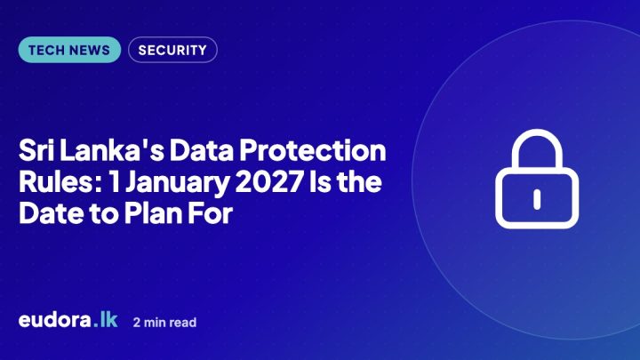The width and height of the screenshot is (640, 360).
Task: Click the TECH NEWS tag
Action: click(x=69, y=50)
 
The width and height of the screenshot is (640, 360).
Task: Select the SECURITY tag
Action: click(x=172, y=50)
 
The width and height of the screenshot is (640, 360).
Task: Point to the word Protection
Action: click(x=312, y=150)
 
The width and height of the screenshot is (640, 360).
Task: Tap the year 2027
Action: click(x=269, y=181)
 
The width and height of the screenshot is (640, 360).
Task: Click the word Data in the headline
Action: click(x=202, y=150)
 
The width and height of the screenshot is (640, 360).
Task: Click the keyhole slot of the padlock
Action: click(x=537, y=199)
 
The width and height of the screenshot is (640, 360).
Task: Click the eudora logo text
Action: click(x=55, y=320)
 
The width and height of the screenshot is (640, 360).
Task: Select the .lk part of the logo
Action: click(x=105, y=320)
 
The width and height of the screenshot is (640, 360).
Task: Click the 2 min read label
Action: click(x=165, y=323)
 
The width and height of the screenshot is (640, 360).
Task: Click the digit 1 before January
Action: click(x=115, y=181)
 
